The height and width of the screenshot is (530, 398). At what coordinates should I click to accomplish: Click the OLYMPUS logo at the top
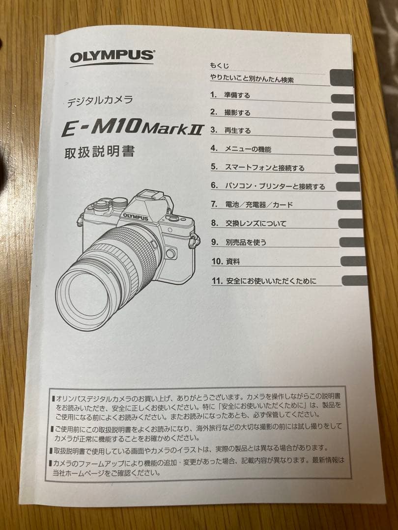112,57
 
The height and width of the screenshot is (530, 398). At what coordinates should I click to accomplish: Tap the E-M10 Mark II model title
132,129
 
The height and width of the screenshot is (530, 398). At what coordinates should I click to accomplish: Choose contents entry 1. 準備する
230,95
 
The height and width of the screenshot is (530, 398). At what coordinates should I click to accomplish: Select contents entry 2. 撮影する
230,113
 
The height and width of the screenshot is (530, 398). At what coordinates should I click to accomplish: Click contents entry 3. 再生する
231,131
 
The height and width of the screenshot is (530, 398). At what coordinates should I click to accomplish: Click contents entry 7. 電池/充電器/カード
252,205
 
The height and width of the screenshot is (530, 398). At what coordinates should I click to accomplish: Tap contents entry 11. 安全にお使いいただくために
264,281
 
